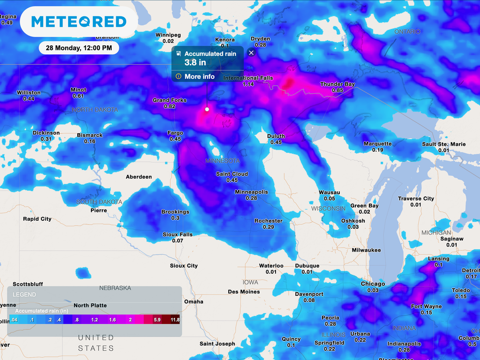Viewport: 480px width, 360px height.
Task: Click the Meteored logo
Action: click(79, 22)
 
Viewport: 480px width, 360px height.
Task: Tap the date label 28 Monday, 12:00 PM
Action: click(79, 48)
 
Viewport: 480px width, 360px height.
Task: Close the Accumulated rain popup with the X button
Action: click(251, 53)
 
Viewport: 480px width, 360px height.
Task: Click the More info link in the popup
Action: click(199, 76)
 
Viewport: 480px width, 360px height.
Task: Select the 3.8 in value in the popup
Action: click(195, 63)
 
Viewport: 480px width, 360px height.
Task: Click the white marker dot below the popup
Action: click(207, 109)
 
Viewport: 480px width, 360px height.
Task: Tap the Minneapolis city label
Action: click(251, 192)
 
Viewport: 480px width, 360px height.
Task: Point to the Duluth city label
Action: click(276, 136)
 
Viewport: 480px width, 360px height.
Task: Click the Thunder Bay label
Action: click(337, 84)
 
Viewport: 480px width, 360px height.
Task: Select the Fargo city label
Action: click(175, 133)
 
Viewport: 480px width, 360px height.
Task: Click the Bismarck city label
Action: click(90, 135)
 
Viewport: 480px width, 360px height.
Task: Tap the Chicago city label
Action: click(373, 284)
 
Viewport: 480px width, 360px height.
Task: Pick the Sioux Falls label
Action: click(178, 234)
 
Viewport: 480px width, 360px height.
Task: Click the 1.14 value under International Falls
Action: click(248, 84)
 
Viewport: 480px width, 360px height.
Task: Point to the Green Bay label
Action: click(365, 206)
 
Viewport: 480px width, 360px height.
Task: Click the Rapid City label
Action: click(37, 219)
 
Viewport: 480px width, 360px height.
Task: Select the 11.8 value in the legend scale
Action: click(174, 320)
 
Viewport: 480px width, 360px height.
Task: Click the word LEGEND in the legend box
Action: click(24, 295)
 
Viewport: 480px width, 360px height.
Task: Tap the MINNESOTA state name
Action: click(223, 161)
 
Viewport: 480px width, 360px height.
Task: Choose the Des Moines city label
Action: click(244, 292)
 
